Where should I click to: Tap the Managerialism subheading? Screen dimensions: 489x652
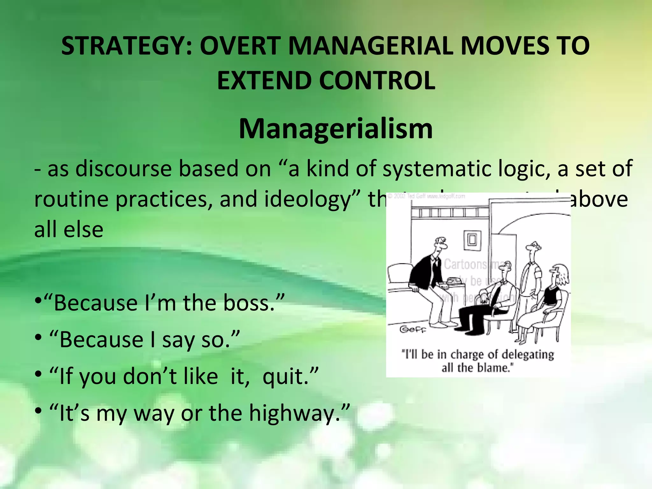(336, 129)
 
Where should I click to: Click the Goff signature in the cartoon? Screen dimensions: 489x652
(413, 329)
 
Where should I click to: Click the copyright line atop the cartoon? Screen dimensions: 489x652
(427, 196)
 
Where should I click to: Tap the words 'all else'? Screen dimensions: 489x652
(69, 230)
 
